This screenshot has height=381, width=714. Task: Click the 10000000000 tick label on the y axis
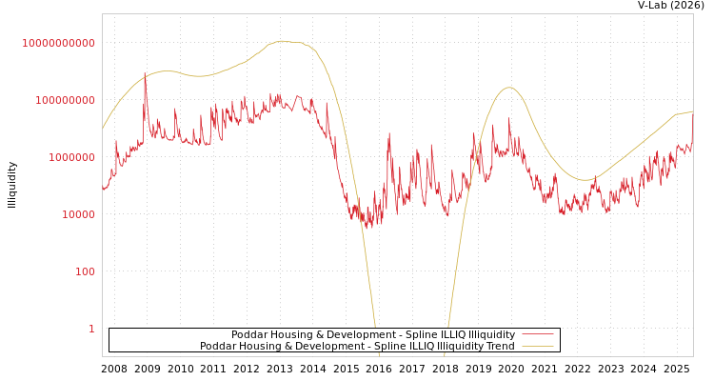(58, 43)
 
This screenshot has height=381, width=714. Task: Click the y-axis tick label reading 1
(91, 329)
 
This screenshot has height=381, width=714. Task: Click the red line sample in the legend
(538, 335)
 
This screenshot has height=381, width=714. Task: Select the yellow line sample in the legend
(538, 347)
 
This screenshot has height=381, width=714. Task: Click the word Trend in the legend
(499, 347)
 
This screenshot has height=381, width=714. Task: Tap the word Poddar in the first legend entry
(249, 335)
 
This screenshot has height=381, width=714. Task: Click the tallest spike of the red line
(145, 72)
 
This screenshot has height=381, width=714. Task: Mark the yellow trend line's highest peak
(282, 41)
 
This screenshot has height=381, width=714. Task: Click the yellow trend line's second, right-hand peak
(509, 88)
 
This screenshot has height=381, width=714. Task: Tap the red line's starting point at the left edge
(103, 190)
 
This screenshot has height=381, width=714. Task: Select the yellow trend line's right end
(692, 111)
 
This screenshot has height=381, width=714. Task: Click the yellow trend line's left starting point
(103, 129)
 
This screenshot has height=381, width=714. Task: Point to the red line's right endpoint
(692, 132)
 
